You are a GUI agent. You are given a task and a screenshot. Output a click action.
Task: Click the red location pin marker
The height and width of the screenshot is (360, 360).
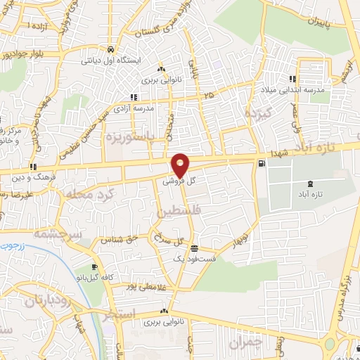(181, 165)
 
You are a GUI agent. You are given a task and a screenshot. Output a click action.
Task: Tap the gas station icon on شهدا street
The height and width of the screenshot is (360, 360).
(262, 164)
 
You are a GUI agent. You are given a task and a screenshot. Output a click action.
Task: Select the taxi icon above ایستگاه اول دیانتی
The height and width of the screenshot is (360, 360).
(111, 50)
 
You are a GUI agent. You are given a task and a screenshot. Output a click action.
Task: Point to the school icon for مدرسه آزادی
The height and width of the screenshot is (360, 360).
(131, 97)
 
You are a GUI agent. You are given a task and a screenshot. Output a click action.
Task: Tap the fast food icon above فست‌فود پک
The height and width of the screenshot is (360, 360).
(194, 248)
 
